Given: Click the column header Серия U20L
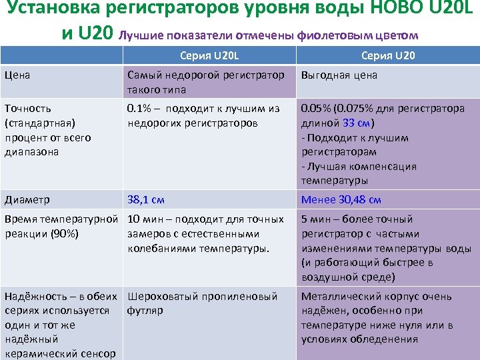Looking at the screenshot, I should point(211,55).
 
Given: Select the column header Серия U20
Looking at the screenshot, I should point(388,55).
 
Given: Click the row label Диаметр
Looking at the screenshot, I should point(26,199).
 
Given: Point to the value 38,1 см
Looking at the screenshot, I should point(146,199).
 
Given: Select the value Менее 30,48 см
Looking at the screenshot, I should point(341,199).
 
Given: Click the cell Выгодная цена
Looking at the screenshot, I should point(339,75).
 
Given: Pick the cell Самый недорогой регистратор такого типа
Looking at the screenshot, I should point(205,82).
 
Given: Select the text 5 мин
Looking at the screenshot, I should point(316,219).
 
